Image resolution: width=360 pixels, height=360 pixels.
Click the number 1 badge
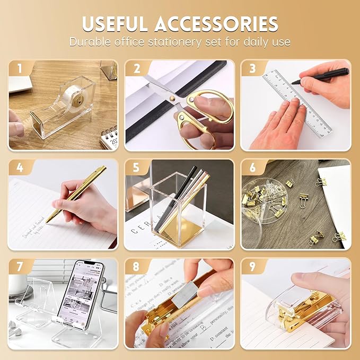[20, 68]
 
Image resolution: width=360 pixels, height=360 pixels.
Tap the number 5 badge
[136, 168]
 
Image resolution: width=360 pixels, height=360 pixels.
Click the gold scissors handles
[204, 114]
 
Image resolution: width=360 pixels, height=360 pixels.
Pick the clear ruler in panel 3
[297, 103]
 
